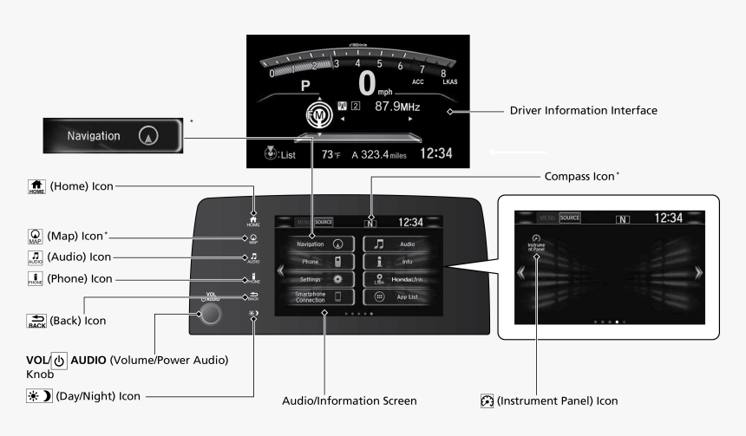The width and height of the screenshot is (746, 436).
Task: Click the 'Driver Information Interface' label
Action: pyautogui.click(x=583, y=111)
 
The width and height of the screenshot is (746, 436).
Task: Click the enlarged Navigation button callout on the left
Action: pyautogui.click(x=112, y=136)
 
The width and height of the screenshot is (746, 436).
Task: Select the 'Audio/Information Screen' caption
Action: pyautogui.click(x=350, y=401)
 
